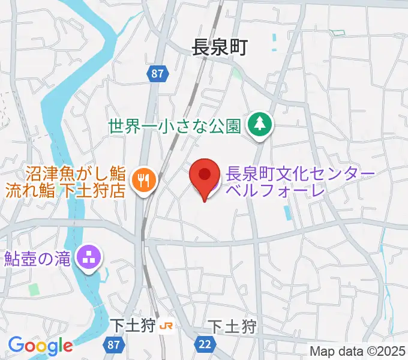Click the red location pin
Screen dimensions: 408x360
tap(205, 177)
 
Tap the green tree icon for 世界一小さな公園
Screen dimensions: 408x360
tap(260, 125)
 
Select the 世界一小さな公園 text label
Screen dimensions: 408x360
tap(175, 126)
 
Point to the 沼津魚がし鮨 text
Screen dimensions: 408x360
tap(76, 175)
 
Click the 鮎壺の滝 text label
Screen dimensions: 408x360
tap(38, 259)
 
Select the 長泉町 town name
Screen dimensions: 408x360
tap(220, 47)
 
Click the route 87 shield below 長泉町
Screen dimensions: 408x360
tap(157, 73)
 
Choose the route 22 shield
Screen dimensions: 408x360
tap(205, 344)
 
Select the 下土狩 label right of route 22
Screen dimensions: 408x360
tap(232, 327)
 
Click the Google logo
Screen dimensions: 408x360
tap(40, 346)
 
